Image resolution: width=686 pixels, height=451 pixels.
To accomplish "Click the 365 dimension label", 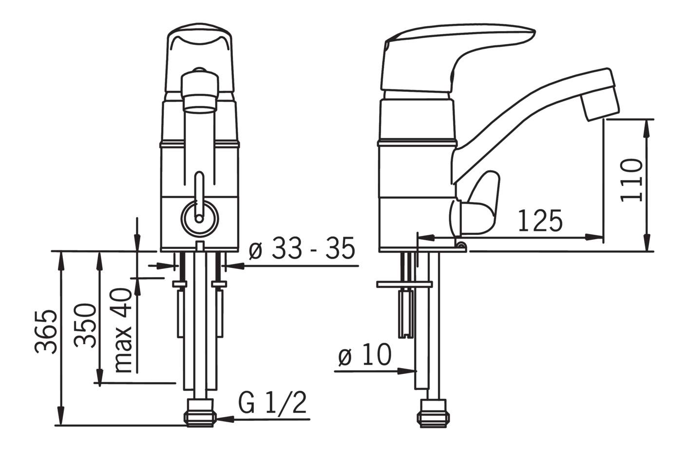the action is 46,332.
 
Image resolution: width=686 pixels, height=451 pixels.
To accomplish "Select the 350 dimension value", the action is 85,326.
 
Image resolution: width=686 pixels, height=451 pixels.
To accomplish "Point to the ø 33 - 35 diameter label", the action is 302,248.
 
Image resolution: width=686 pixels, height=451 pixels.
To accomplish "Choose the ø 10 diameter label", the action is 365,355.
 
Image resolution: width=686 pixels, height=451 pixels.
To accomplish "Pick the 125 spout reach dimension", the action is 540,220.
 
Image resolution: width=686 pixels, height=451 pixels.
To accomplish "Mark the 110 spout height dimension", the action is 631,181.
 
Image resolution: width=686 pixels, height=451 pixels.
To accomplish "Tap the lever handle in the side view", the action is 457,57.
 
